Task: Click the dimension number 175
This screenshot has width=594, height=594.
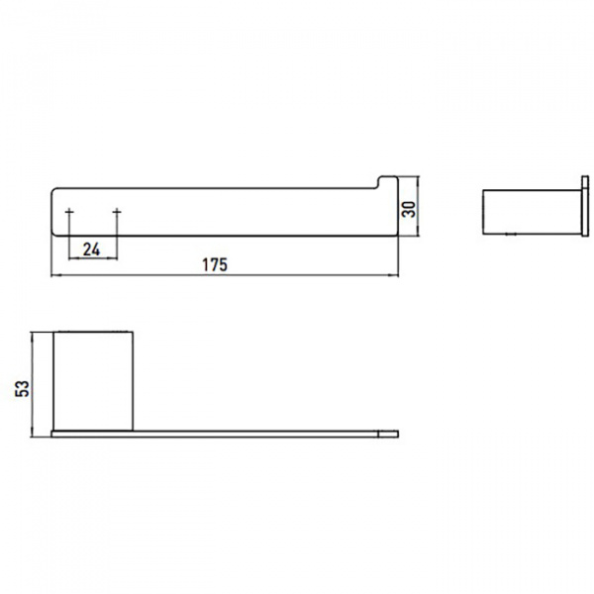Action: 215,264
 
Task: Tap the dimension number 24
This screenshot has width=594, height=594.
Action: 91,249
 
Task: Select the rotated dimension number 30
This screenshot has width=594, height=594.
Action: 408,209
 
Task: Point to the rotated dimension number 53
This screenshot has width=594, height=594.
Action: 22,388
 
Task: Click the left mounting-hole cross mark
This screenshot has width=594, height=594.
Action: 69,212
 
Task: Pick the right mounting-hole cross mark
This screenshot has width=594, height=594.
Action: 117,212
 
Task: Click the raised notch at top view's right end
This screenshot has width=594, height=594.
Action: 388,181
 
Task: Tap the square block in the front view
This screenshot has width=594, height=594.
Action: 93,381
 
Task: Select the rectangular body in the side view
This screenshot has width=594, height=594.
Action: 532,212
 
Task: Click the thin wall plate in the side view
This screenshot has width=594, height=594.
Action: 585,206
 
